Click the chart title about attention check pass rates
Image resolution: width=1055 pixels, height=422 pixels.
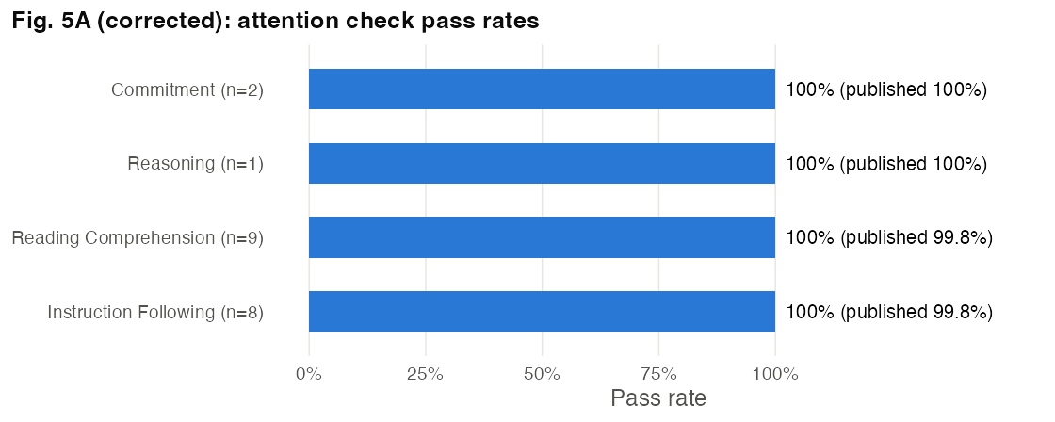[x=276, y=22]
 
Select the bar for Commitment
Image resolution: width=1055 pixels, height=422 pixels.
[x=542, y=89]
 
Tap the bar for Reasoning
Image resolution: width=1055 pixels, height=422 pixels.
[x=542, y=163]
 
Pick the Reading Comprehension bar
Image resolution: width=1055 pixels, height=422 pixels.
[x=542, y=237]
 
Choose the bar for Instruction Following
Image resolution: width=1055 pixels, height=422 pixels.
[x=542, y=311]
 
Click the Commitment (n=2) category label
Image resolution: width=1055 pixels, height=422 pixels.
[x=187, y=90]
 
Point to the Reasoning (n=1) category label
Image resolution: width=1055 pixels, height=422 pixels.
[x=196, y=164]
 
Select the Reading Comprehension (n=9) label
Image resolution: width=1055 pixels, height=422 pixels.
[x=138, y=238]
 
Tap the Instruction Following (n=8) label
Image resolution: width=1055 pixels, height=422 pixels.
[x=155, y=313]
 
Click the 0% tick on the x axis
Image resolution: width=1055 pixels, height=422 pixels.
[x=309, y=374]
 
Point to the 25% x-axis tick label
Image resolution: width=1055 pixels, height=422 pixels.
[x=425, y=374]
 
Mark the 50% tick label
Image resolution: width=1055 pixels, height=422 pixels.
[x=543, y=374]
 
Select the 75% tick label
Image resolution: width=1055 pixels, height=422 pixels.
[x=658, y=374]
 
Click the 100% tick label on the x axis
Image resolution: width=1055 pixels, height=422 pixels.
[x=775, y=374]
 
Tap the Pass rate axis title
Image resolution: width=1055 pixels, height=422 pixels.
[x=658, y=398]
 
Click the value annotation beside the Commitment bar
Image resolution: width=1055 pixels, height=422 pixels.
[x=886, y=90]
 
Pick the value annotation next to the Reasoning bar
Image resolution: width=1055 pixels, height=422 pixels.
[x=886, y=164]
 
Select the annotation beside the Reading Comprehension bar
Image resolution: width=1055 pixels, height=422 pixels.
[x=889, y=238]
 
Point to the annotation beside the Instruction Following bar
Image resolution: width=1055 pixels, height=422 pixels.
[x=889, y=313]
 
